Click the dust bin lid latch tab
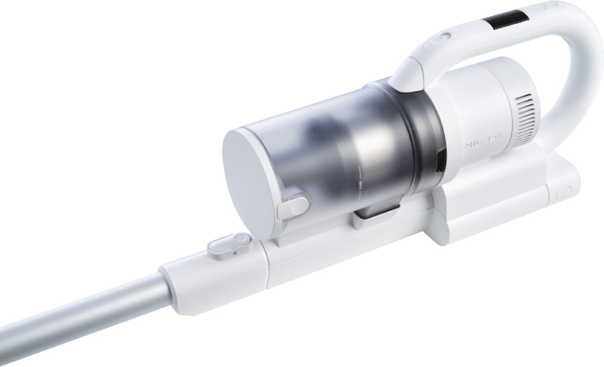(292, 207)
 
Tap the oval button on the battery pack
(563, 193)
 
